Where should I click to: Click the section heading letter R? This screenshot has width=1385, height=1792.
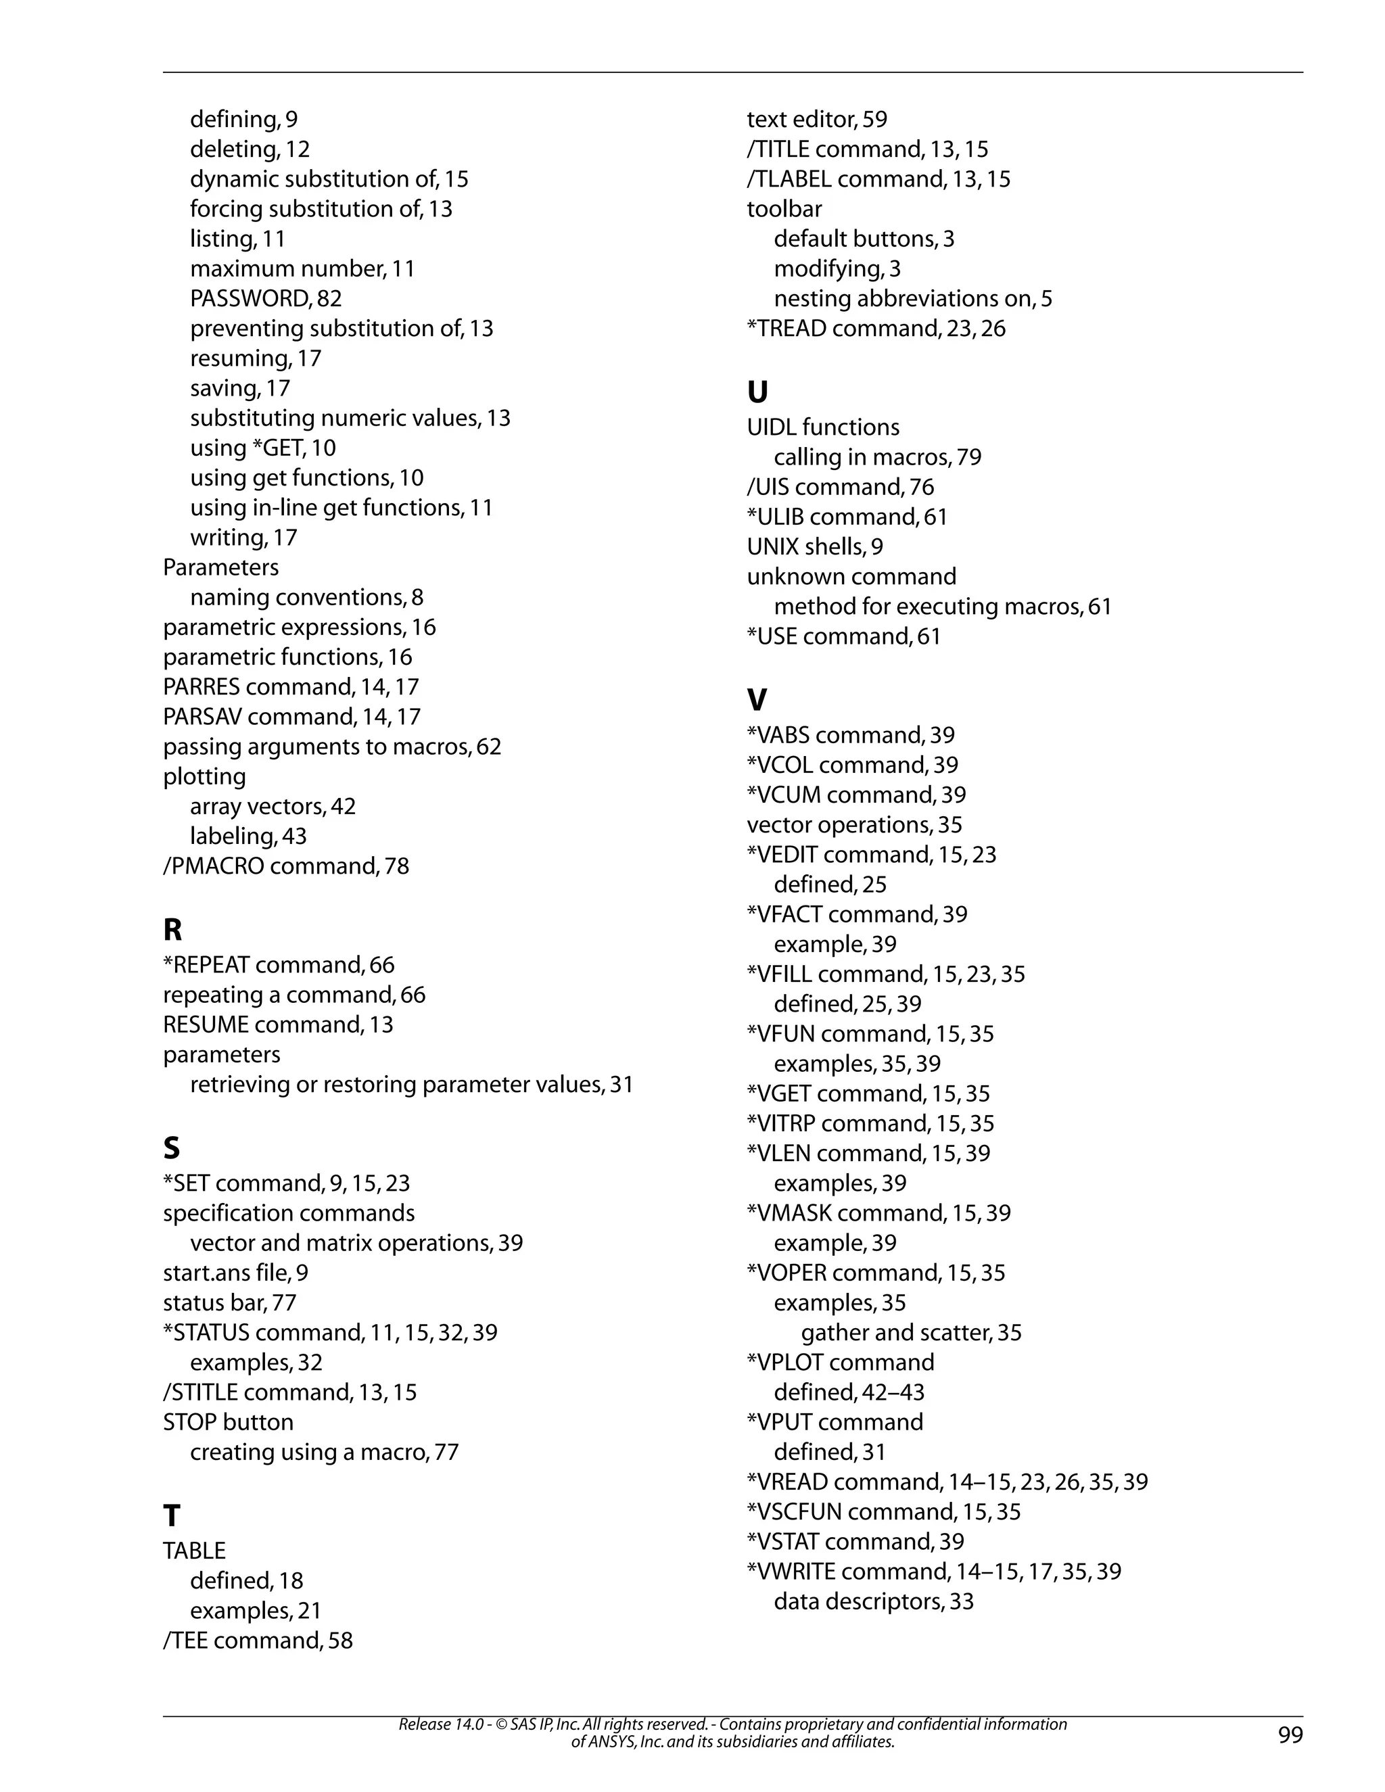coord(172,930)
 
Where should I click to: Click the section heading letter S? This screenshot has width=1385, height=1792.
coord(172,1148)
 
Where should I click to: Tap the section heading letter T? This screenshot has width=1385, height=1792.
coord(172,1515)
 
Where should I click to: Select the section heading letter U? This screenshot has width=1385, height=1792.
coord(757,392)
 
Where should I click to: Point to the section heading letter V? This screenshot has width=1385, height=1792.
coord(757,700)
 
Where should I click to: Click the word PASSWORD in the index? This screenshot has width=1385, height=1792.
coord(250,299)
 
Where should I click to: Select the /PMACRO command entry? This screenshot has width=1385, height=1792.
coord(285,866)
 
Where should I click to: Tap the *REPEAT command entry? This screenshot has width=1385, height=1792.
coord(278,965)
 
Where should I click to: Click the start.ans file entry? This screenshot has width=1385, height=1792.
coord(235,1273)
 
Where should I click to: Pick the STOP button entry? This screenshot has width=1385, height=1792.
coord(227,1422)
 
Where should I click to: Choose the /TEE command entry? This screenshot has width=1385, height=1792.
coord(258,1641)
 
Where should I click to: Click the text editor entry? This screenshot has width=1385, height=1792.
coord(816,120)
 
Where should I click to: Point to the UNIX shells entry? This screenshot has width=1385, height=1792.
coord(814,546)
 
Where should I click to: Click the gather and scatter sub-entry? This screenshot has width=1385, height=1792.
coord(911,1333)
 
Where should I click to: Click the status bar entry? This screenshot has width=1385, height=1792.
coord(229,1303)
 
